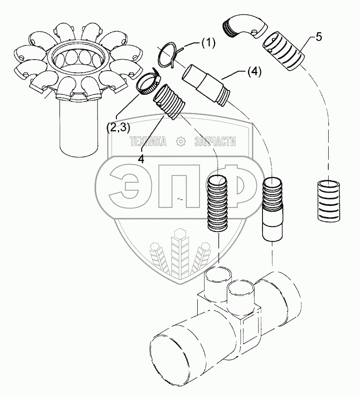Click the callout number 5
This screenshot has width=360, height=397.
(x=318, y=37)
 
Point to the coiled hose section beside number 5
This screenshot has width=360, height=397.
(x=284, y=52)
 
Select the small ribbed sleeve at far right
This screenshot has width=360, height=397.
(x=329, y=201)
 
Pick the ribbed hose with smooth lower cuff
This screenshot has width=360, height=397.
(x=272, y=209)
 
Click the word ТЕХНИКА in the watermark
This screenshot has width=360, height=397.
(x=148, y=141)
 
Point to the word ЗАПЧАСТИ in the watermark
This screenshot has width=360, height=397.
(x=215, y=141)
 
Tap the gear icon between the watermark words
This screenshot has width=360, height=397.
(x=180, y=141)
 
